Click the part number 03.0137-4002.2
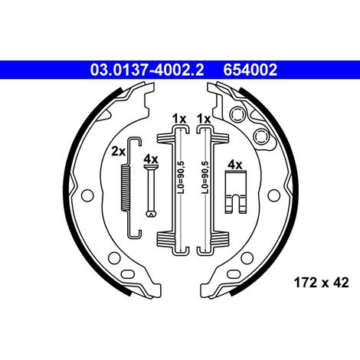(147, 70)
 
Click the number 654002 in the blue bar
(250, 70)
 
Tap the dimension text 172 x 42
(321, 283)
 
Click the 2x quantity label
(118, 152)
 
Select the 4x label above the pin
(151, 159)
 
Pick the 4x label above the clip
(235, 165)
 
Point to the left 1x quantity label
(179, 119)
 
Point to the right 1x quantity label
(204, 119)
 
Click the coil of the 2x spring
(126, 188)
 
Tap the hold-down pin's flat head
(151, 167)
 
